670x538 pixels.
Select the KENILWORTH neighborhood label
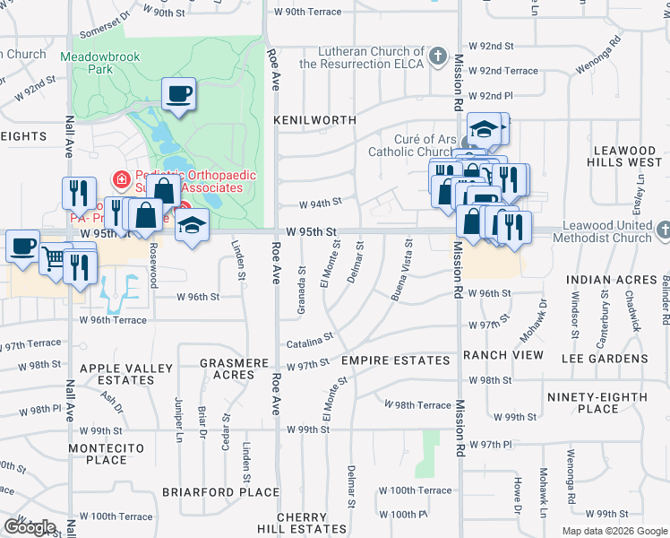314,119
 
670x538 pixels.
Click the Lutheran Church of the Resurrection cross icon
437,57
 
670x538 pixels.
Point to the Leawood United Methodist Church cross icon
663,231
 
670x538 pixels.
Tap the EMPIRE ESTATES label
395,360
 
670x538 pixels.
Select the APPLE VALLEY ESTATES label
126,374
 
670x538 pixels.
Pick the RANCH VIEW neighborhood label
502,356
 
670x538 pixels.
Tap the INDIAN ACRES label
612,280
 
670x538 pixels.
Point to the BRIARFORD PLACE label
221,492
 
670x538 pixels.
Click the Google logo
30,527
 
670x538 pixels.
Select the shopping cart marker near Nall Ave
55,258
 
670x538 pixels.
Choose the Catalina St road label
310,342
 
